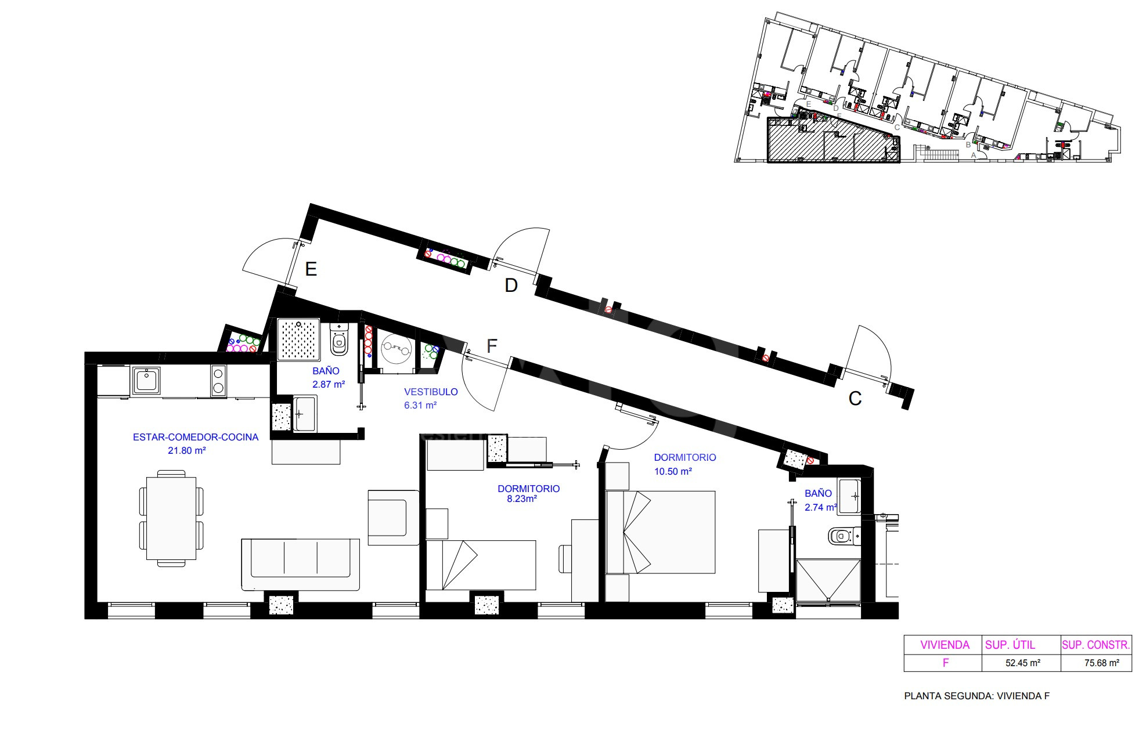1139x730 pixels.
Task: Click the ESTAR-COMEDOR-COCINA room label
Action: (196, 437)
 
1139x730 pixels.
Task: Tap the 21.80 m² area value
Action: (187, 450)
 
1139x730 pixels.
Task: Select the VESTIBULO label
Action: (431, 392)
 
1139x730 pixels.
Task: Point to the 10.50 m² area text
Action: (673, 471)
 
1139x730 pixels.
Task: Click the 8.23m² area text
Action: (517, 498)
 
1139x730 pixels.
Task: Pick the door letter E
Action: (311, 269)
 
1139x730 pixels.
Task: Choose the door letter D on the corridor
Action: (511, 286)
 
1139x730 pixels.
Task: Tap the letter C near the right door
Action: (855, 399)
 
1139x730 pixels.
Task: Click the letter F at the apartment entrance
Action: (492, 346)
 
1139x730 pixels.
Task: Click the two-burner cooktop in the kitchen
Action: (218, 381)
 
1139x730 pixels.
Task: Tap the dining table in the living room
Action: (171, 518)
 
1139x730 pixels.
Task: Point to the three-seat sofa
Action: (300, 565)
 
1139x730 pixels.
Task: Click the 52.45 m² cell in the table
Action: (1022, 663)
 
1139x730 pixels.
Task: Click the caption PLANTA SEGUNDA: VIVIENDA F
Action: (977, 696)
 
